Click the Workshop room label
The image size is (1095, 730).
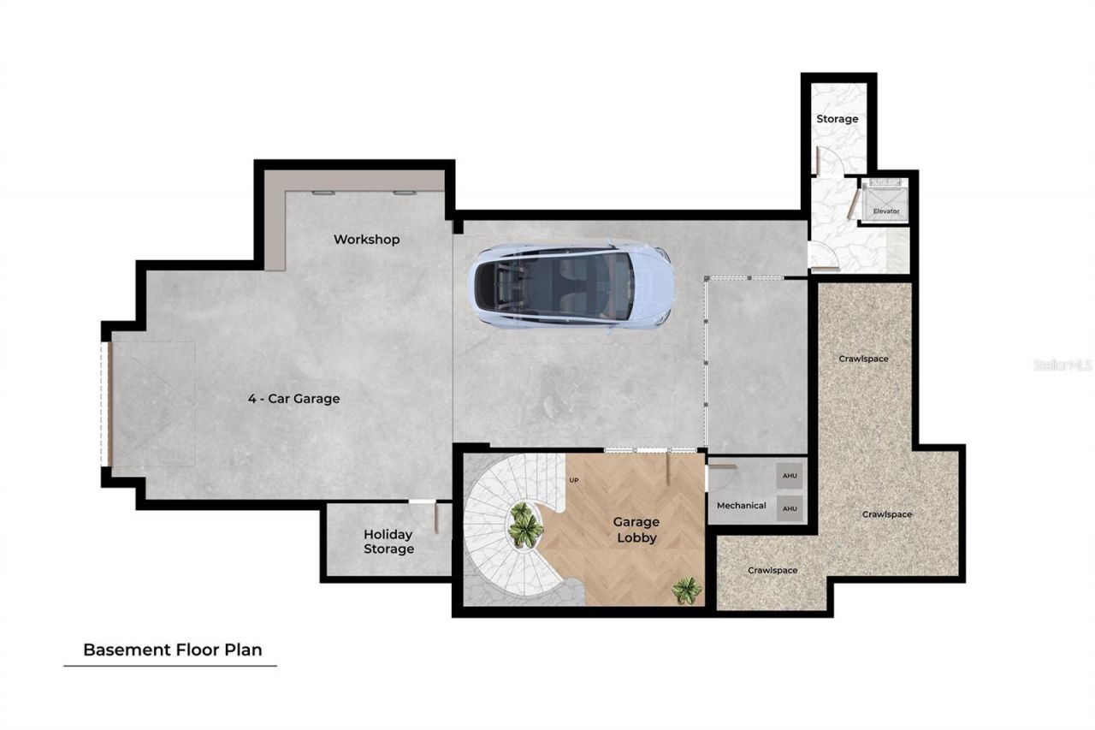366,240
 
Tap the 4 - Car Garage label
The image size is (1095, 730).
293,399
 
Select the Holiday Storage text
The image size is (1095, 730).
388,542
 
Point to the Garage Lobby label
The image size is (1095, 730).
636,530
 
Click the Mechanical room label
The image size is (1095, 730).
741,506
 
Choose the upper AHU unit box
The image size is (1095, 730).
789,476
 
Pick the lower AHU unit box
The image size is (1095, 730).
789,508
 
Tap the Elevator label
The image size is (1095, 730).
885,211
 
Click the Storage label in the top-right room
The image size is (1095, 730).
837,119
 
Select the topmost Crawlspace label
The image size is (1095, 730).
863,359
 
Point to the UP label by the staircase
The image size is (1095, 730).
574,480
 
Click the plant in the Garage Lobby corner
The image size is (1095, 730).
685,590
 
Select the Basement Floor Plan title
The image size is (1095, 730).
170,650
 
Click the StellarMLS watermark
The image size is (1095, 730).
1062,365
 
